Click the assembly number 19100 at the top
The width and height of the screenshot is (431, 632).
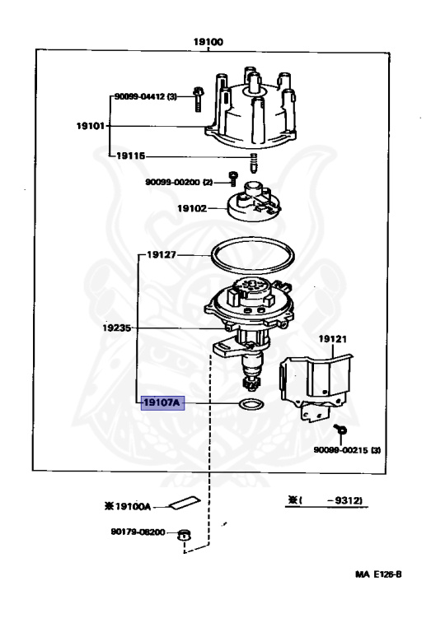click(x=208, y=42)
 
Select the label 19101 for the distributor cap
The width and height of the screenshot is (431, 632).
click(x=91, y=126)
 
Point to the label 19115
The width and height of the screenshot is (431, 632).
click(x=130, y=156)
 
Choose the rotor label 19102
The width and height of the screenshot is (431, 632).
click(x=192, y=208)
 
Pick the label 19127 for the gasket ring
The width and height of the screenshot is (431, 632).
click(x=162, y=255)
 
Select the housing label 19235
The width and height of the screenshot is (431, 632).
click(x=117, y=328)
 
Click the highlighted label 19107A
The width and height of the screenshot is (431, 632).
click(x=162, y=402)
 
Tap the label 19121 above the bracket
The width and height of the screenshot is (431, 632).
click(x=333, y=339)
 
